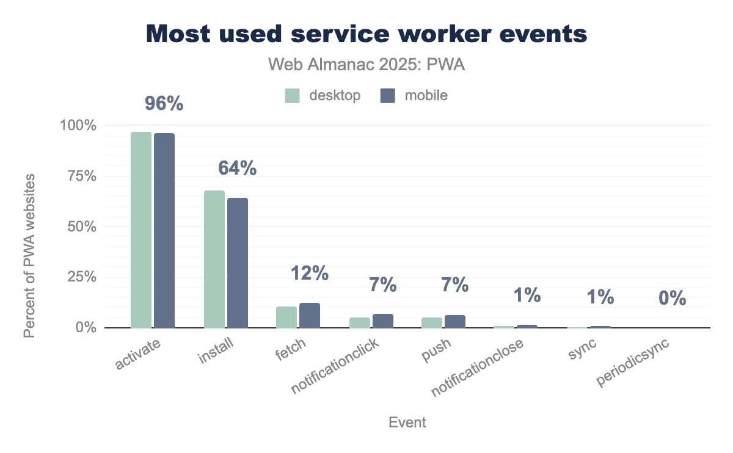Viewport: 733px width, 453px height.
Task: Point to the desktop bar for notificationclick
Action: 360,322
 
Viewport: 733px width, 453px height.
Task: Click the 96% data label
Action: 164,104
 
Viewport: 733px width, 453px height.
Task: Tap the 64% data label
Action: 237,169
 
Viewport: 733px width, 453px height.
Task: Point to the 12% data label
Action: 310,274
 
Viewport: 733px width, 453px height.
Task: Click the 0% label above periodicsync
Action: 673,299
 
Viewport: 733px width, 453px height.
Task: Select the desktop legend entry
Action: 323,96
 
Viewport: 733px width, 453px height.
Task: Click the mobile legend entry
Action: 415,96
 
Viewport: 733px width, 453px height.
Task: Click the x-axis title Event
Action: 407,422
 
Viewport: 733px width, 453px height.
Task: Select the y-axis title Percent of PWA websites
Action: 29,255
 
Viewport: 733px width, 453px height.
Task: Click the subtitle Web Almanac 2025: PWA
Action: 366,65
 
